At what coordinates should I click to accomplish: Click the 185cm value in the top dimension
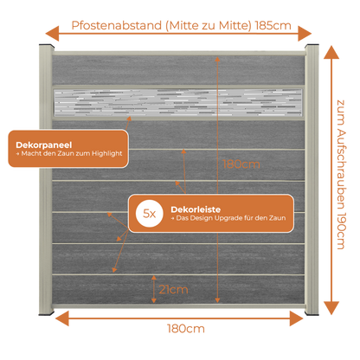pos(273,26)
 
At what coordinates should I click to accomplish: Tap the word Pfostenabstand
pos(117,25)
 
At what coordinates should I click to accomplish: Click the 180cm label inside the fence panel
pos(241,164)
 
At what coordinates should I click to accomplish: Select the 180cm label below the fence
pos(186,329)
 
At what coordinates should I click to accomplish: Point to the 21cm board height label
pos(173,290)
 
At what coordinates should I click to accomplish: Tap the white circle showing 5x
pos(150,214)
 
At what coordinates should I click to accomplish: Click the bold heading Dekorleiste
pos(196,209)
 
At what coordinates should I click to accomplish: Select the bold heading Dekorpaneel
pos(44,145)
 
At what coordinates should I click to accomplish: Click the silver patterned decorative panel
pos(178,103)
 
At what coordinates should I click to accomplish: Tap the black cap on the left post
pos(47,46)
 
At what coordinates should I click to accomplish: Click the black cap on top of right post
pos(312,46)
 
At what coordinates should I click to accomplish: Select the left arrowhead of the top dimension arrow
pos(52,34)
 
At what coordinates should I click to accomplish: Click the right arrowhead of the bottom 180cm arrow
pos(297,318)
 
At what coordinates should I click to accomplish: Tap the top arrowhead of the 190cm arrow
pos(331,52)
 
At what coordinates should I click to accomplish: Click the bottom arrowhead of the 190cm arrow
pos(331,308)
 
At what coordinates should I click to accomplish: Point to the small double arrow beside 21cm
pos(154,289)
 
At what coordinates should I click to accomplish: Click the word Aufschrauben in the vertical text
pos(341,169)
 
